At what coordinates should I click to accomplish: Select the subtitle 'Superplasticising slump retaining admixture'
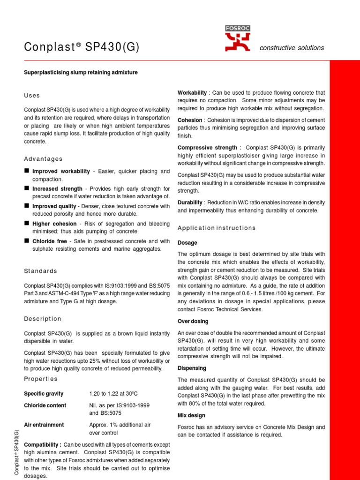coord(81,72)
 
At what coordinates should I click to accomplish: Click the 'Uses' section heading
coord(32,96)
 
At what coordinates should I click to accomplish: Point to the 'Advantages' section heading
coord(43,159)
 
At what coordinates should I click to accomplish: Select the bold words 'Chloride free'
coord(50,241)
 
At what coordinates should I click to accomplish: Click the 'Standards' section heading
coord(40,271)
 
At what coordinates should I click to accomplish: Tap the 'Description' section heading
coord(42,319)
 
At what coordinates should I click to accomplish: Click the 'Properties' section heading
coord(40,379)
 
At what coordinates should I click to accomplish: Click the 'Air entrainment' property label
coord(44,425)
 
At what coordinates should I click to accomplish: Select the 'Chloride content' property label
coord(45,405)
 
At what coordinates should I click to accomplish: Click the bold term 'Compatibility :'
coord(43,444)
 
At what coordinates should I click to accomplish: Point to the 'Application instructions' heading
coord(217,228)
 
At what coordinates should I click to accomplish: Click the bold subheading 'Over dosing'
coord(193,322)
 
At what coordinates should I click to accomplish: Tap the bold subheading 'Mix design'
coord(191,415)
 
